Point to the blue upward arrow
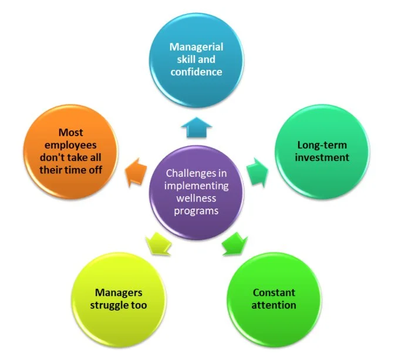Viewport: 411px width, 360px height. point(196,126)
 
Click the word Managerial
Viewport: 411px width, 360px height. point(196,46)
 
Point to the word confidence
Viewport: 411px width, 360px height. point(196,72)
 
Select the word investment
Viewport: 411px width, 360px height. point(323,157)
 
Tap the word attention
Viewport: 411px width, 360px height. point(274,305)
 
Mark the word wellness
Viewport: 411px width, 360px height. point(196,198)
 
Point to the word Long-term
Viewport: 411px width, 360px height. point(322,144)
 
